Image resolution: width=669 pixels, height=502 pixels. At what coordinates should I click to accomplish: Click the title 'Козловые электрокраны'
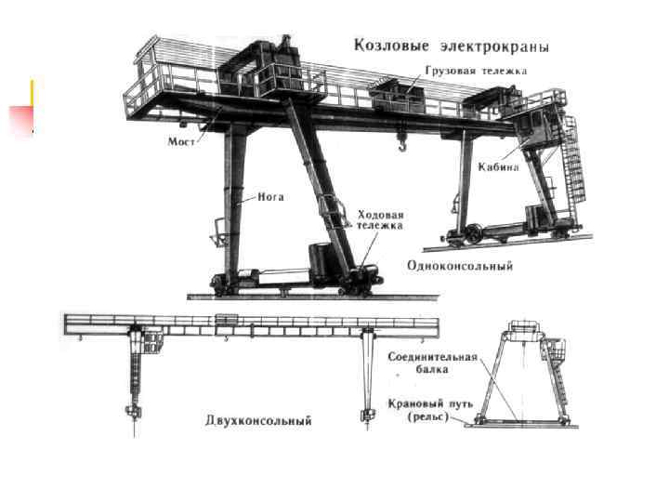tap(450, 46)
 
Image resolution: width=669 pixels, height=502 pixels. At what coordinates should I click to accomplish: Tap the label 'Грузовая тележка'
tap(477, 71)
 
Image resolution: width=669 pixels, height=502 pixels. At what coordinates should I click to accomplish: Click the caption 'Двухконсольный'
tap(258, 420)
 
